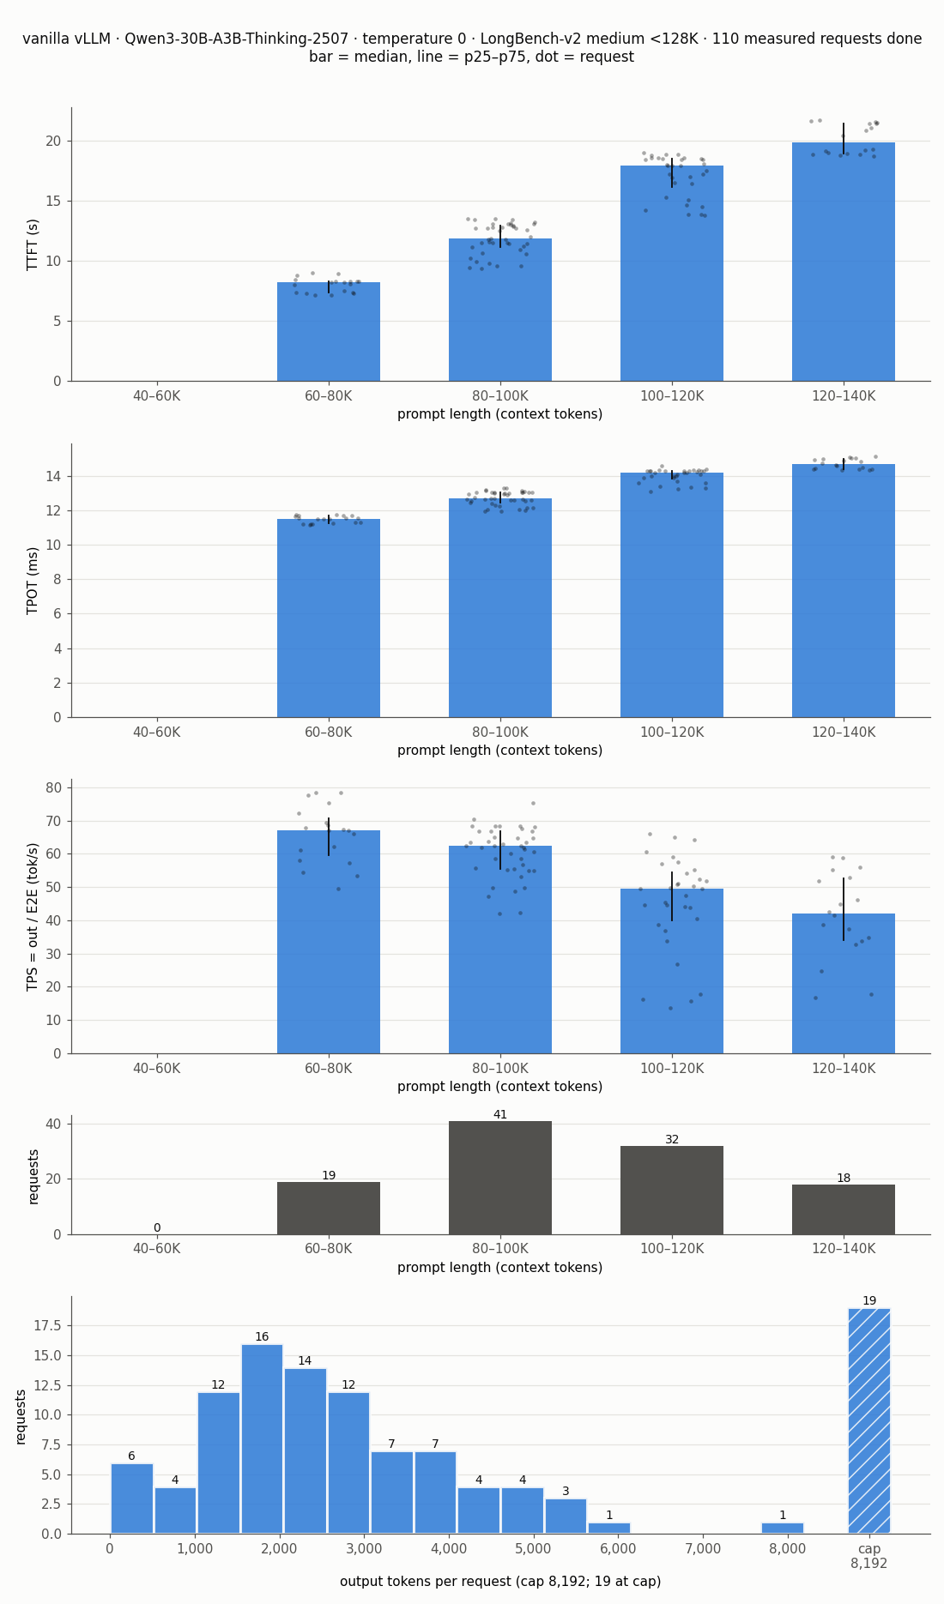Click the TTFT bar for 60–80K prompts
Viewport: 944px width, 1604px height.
pos(329,331)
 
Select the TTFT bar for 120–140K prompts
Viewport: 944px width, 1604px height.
pos(844,262)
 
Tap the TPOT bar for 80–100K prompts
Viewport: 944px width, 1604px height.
pos(500,607)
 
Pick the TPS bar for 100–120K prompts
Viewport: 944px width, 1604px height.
pos(672,971)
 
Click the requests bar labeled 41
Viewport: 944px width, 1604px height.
pos(500,1178)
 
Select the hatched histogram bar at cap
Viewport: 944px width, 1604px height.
pos(869,1420)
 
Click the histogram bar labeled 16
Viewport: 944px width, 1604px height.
pos(262,1438)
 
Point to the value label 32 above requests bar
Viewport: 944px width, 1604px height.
pos(672,1139)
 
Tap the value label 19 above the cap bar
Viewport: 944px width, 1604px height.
pos(869,1300)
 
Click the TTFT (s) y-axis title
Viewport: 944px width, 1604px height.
pos(33,244)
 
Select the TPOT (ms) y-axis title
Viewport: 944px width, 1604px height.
pos(33,581)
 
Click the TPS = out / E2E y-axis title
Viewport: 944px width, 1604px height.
pos(33,917)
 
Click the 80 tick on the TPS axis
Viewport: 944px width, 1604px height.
pos(54,787)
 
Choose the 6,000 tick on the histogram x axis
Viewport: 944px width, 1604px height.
pos(618,1549)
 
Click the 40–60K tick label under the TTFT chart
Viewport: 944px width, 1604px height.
pos(157,395)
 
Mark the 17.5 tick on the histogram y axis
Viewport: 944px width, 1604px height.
pos(47,1325)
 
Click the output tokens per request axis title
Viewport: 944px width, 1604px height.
pos(500,1582)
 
